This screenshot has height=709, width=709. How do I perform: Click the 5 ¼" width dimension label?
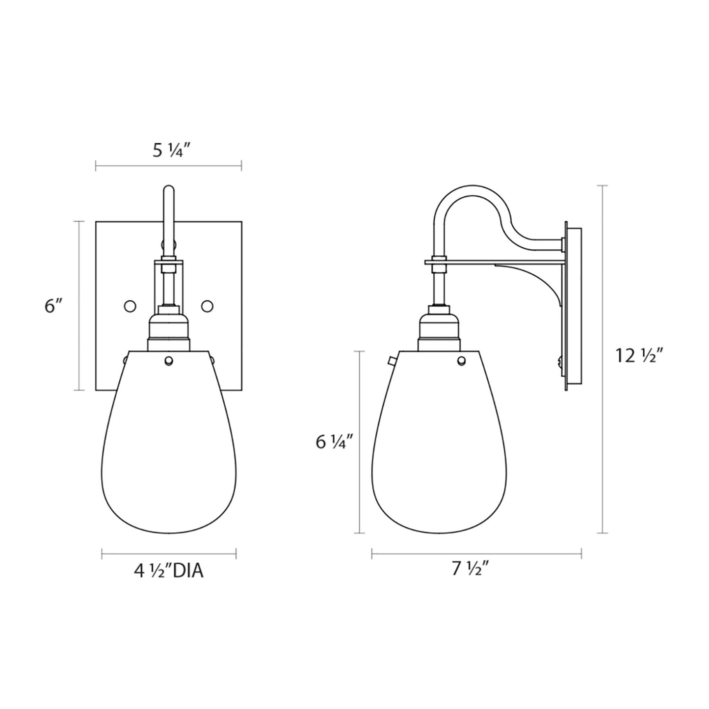[168, 151]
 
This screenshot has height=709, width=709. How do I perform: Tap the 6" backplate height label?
[53, 306]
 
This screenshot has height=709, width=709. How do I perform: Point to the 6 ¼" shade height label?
[334, 442]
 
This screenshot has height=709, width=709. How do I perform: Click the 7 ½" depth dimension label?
[472, 569]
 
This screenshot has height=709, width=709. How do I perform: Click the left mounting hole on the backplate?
[130, 306]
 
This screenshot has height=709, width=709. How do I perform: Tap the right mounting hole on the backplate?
[207, 306]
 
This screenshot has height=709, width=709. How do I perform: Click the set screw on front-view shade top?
[169, 361]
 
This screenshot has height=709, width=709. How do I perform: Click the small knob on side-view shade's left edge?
[391, 362]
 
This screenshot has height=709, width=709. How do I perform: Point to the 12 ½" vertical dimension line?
[603, 358]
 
